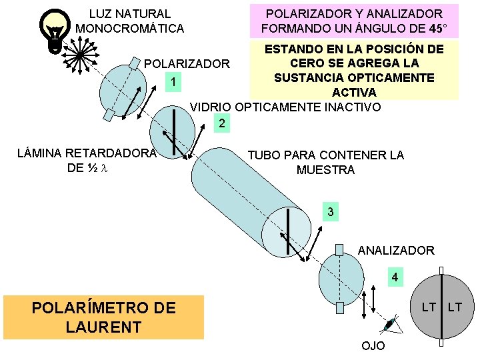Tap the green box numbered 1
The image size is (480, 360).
click(x=173, y=83)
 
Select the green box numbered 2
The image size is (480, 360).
click(x=222, y=123)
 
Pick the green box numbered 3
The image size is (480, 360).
click(x=329, y=212)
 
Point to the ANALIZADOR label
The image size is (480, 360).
click(x=396, y=251)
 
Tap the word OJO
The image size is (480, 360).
click(x=373, y=347)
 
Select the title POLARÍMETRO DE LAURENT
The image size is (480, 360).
click(x=104, y=317)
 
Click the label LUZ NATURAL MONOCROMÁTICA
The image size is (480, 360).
click(x=129, y=21)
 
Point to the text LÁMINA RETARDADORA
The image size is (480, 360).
click(x=86, y=153)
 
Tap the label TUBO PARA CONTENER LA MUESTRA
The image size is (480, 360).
click(x=325, y=163)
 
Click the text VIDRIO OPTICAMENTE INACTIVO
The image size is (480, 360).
click(x=285, y=107)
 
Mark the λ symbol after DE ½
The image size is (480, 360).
click(x=104, y=167)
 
